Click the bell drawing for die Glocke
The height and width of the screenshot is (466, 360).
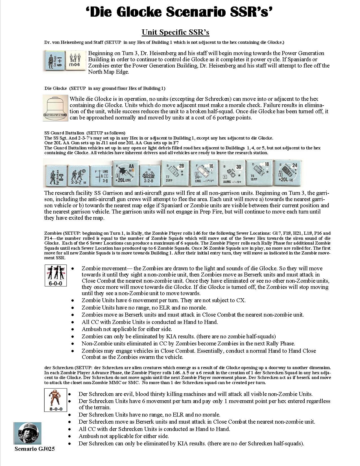pos(56,108)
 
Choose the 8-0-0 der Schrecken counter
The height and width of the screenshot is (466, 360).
pos(55,400)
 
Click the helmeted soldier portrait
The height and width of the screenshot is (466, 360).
pos(27,433)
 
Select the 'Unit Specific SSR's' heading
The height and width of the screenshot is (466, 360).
pos(175,32)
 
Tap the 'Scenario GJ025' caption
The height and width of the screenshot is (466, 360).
pos(35,449)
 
